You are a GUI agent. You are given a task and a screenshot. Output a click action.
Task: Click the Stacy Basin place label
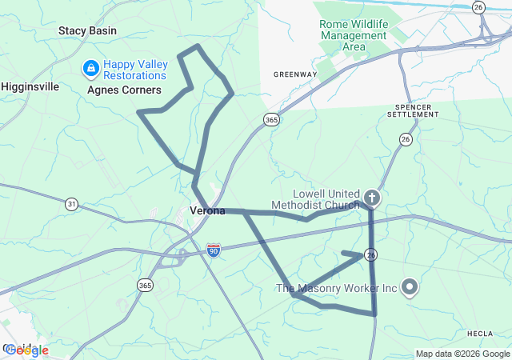[87, 31]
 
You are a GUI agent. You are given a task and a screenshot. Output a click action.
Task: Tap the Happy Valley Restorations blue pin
[90, 69]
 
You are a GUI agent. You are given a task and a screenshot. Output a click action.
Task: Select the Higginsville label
[30, 86]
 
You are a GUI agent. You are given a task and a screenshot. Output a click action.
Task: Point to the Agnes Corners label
[124, 90]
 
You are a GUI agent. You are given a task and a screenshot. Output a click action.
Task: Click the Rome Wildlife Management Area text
[353, 35]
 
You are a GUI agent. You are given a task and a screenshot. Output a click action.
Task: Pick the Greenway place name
[295, 74]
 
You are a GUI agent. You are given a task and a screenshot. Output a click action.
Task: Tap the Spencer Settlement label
[413, 110]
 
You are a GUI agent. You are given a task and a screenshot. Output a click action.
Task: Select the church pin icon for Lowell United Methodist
[371, 197]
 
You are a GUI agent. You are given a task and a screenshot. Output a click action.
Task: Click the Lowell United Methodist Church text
[316, 198]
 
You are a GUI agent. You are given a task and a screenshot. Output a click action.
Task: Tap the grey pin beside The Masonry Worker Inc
[410, 286]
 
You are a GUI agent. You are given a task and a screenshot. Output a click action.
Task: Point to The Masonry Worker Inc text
[337, 287]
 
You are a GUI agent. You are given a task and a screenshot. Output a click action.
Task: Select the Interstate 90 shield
[213, 251]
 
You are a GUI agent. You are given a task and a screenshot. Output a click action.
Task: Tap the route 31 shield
[72, 204]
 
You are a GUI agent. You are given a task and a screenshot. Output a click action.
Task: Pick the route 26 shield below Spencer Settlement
[406, 139]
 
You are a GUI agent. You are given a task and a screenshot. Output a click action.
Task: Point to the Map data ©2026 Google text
[462, 354]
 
